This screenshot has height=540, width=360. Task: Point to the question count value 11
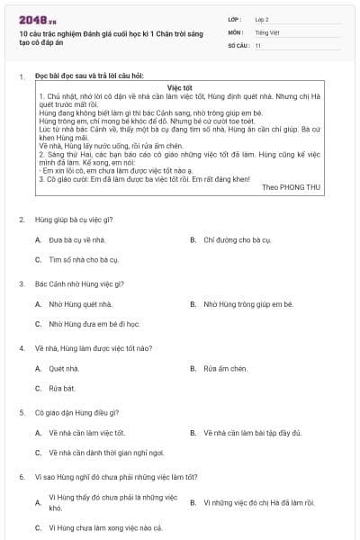pyautogui.click(x=257, y=44)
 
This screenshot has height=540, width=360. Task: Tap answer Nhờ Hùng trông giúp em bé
pyautogui.click(x=248, y=304)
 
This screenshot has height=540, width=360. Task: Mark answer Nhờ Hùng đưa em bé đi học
pyautogui.click(x=94, y=323)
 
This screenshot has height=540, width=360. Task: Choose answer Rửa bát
pyautogui.click(x=62, y=388)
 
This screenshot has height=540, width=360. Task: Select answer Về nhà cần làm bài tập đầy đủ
pyautogui.click(x=257, y=433)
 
